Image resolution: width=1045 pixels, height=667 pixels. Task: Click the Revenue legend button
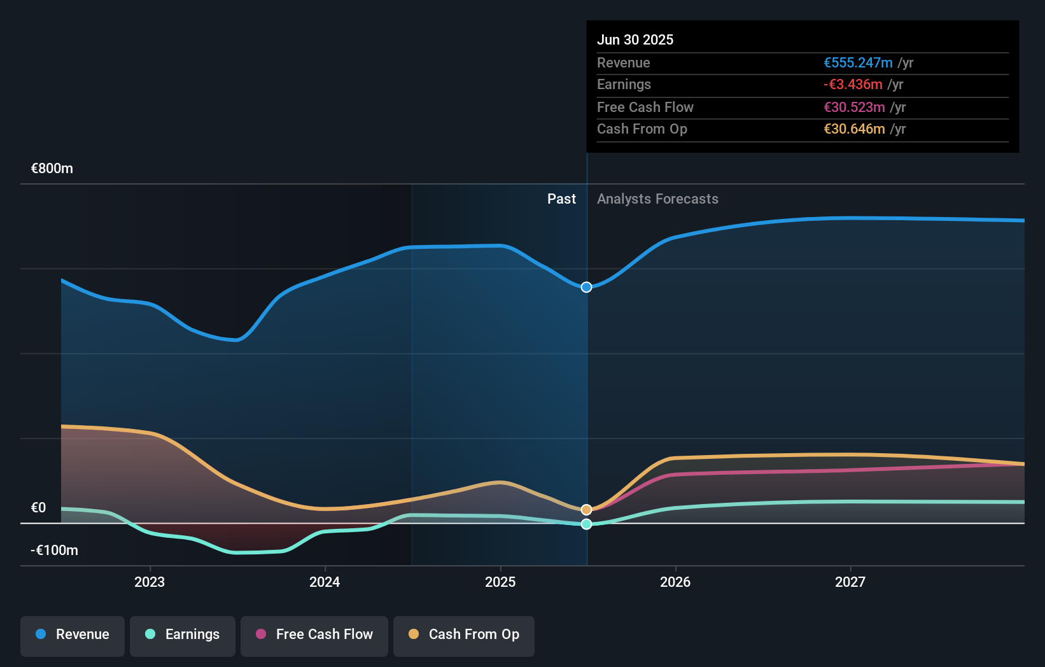click(x=73, y=635)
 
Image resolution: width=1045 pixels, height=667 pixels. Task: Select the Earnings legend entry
click(x=183, y=635)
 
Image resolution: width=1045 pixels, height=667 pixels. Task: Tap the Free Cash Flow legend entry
click(x=314, y=635)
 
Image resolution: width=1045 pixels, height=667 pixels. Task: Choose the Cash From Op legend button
click(x=464, y=635)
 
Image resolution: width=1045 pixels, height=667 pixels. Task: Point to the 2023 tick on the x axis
click(x=150, y=582)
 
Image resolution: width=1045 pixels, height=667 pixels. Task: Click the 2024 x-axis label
click(x=325, y=582)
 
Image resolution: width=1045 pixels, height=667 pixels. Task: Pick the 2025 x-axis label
click(x=500, y=582)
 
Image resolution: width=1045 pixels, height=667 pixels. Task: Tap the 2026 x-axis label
click(x=675, y=582)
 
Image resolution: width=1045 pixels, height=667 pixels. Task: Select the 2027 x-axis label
click(x=850, y=582)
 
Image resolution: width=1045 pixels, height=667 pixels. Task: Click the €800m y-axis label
click(x=52, y=169)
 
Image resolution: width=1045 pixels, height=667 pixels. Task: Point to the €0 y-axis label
click(x=39, y=508)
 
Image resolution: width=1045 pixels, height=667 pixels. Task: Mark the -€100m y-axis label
click(x=54, y=551)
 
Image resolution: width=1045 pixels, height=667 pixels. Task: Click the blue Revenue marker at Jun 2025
click(x=586, y=287)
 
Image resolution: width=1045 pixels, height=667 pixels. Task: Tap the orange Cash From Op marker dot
click(x=586, y=509)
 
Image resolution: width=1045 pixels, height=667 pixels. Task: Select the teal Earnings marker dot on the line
click(x=586, y=524)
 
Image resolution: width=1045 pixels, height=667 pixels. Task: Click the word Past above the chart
click(x=561, y=199)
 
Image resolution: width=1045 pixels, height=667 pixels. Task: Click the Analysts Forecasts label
click(x=657, y=199)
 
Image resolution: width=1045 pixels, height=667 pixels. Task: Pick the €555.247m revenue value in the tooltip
click(x=858, y=63)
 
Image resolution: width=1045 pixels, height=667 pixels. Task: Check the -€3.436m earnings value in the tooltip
click(x=853, y=85)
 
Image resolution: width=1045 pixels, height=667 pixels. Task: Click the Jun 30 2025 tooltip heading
click(x=635, y=39)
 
